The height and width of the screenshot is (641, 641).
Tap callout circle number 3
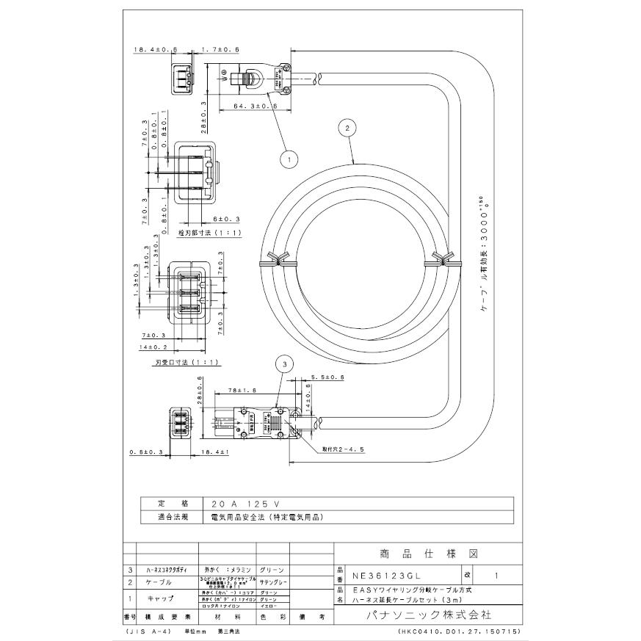coord(283,362)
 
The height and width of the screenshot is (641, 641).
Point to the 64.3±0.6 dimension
coord(254,106)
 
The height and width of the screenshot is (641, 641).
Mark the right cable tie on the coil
coord(442,260)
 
